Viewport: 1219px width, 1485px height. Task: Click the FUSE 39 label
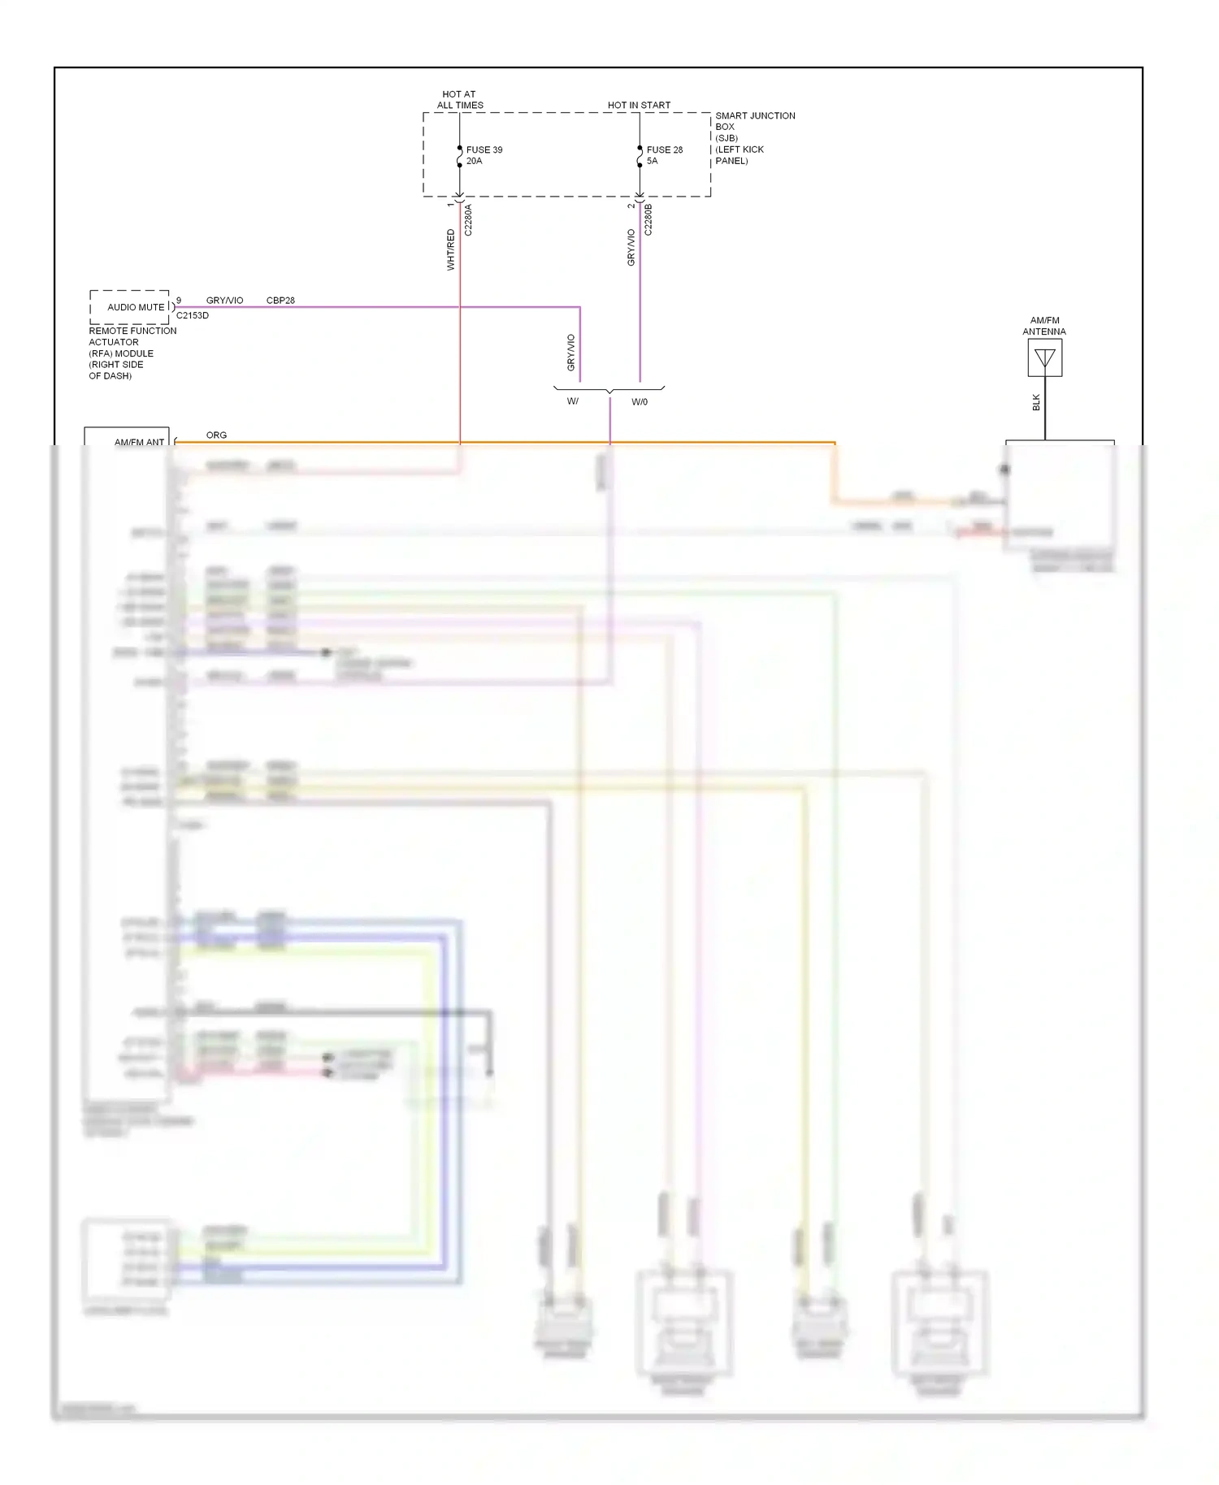484,150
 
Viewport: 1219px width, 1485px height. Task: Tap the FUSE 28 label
665,150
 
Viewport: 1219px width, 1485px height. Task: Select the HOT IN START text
639,106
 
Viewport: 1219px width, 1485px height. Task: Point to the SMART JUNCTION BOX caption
754,138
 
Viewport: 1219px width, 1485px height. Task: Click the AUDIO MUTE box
130,307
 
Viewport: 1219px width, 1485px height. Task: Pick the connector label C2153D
193,316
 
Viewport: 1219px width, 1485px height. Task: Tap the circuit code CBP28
280,301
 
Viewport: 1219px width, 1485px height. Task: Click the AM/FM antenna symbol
1044,358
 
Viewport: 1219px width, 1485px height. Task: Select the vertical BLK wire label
1036,402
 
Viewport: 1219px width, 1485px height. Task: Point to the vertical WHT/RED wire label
451,249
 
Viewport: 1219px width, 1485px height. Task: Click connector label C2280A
468,220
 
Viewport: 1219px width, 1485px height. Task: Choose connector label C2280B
649,220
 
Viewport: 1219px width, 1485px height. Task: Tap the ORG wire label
216,435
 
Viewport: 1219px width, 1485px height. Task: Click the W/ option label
573,401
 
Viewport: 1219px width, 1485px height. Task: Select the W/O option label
640,402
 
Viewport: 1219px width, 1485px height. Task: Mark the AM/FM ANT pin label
139,442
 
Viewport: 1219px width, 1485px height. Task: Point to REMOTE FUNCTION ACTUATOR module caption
132,353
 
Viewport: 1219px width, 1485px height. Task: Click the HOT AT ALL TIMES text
460,100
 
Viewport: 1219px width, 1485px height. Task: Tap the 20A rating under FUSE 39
475,161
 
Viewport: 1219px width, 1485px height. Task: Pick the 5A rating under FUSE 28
653,161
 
